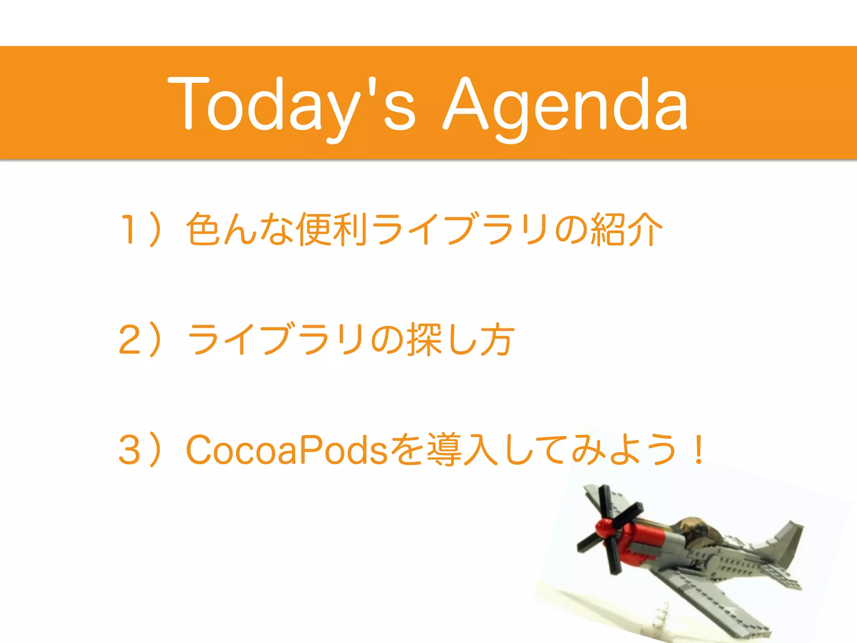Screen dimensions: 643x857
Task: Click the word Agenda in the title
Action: point(565,105)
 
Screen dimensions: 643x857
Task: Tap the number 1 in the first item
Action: point(128,229)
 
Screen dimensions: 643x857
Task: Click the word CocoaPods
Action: point(287,450)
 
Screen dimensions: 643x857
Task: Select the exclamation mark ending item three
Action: point(698,450)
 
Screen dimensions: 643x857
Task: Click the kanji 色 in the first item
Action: point(203,229)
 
